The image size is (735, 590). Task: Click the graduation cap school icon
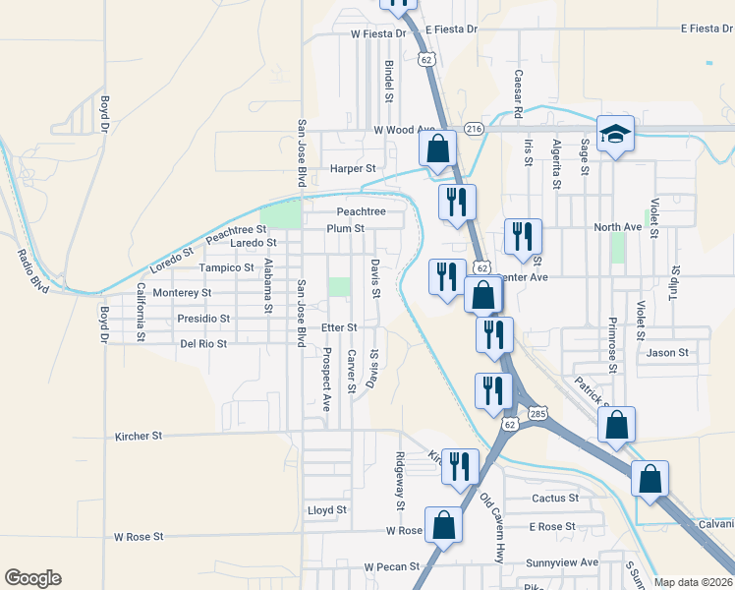click(x=615, y=134)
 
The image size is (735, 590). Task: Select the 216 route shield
click(x=475, y=129)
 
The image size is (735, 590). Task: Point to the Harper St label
click(x=353, y=169)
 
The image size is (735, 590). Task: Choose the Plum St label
click(x=346, y=228)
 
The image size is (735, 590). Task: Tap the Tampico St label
click(x=227, y=267)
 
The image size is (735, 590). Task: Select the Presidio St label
click(x=203, y=319)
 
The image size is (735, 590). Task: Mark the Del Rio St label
click(x=203, y=344)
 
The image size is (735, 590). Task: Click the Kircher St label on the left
click(x=138, y=435)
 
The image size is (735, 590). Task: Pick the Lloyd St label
click(x=327, y=510)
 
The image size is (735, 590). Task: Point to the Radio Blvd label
click(x=33, y=268)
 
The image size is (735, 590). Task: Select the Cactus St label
click(x=555, y=499)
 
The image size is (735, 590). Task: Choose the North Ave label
click(x=617, y=227)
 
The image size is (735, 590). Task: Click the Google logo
click(x=32, y=578)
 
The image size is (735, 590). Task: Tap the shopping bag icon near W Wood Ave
click(x=438, y=149)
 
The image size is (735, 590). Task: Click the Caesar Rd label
click(x=517, y=88)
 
